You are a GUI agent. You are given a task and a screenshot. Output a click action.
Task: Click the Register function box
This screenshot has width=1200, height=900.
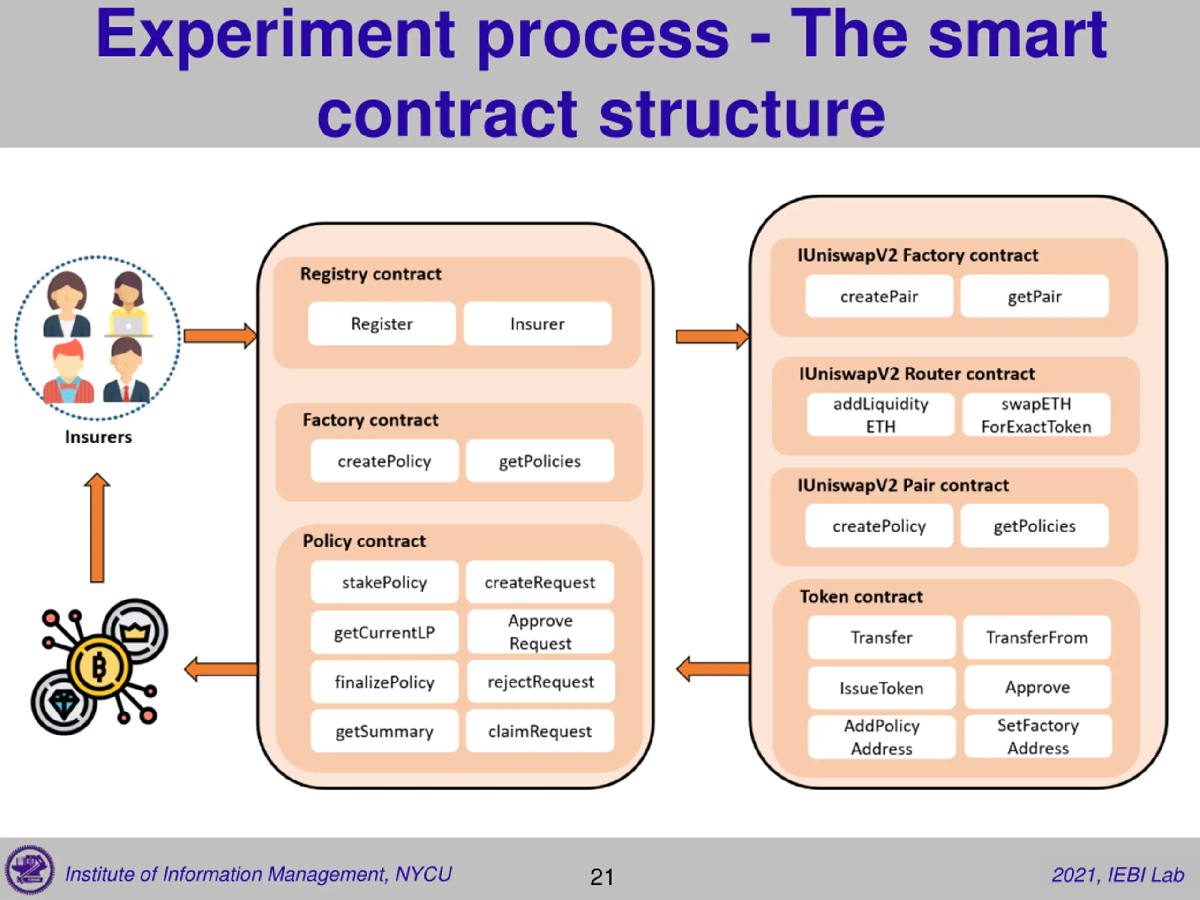tap(382, 324)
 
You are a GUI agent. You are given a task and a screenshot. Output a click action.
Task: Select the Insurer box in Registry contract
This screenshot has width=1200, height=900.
tap(537, 324)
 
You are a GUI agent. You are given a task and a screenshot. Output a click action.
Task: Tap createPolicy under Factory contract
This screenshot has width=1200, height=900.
tap(384, 461)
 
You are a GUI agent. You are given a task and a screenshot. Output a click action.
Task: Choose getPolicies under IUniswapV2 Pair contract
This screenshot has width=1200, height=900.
tap(1034, 526)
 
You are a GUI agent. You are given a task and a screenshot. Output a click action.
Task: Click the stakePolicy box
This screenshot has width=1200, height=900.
tap(384, 582)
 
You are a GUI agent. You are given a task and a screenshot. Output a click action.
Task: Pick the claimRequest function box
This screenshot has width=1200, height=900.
tap(540, 731)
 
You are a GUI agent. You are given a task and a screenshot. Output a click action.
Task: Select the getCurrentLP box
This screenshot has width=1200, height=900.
tap(384, 632)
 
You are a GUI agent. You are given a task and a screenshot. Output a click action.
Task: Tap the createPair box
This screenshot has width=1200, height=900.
tap(879, 297)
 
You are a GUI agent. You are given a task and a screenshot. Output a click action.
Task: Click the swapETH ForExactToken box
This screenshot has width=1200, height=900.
tap(1036, 415)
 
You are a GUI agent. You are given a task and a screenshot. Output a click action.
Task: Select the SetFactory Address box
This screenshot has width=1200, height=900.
tap(1038, 737)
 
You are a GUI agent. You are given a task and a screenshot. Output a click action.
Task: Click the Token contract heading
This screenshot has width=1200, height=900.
tap(861, 597)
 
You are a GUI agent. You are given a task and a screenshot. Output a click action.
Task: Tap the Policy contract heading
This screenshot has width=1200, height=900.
tap(364, 541)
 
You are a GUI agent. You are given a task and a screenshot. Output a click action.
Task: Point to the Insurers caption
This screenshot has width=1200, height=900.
tap(98, 437)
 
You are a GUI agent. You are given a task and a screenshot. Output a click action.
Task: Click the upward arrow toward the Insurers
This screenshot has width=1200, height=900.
tap(97, 527)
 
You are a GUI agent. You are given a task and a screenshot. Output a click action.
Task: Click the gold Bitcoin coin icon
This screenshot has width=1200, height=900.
tap(99, 666)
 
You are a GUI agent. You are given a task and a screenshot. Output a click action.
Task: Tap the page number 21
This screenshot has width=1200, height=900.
tap(601, 877)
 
